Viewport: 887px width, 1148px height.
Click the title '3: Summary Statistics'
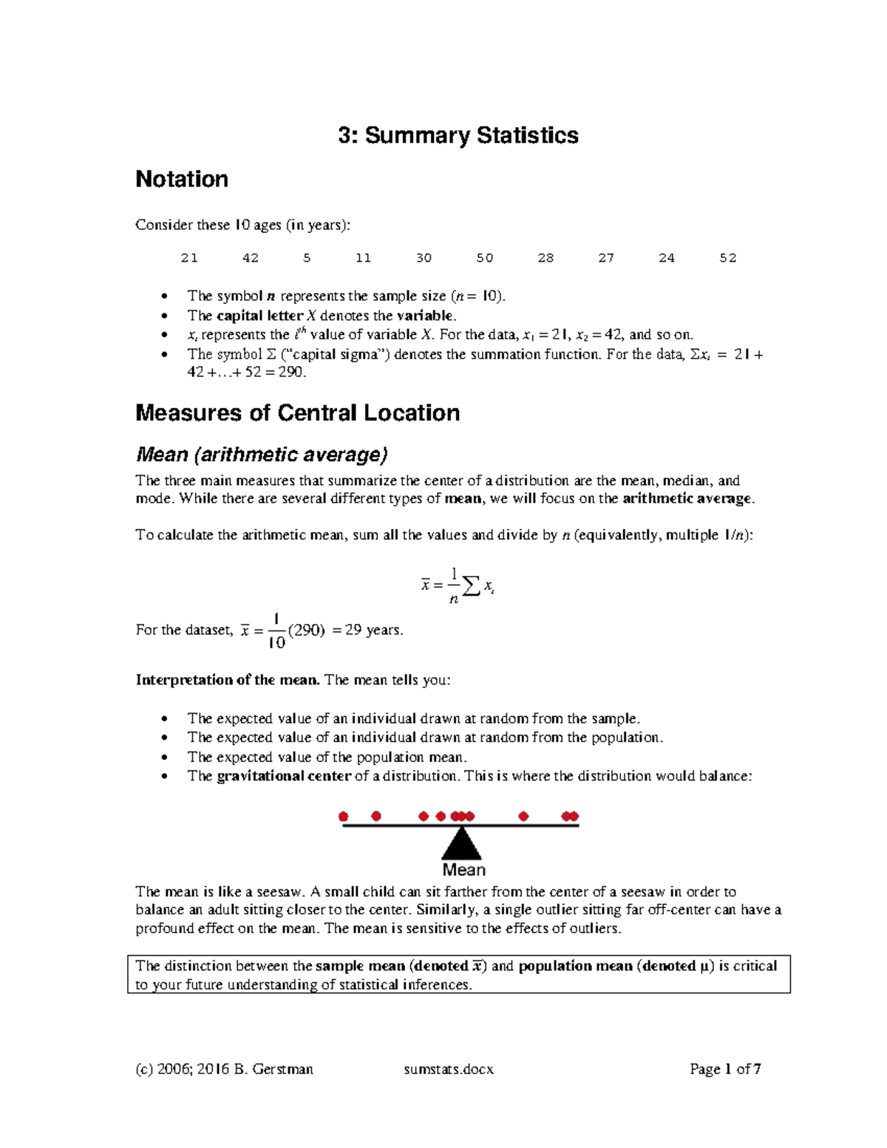pyautogui.click(x=458, y=135)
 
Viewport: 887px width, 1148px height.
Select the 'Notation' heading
pyautogui.click(x=182, y=179)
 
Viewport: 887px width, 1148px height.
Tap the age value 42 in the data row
pyautogui.click(x=251, y=258)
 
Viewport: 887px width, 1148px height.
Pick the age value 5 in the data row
pyautogui.click(x=307, y=258)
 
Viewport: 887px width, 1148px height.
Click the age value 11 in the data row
pyautogui.click(x=363, y=258)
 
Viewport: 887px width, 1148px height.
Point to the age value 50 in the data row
pyautogui.click(x=485, y=258)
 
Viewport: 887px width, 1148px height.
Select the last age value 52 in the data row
pyautogui.click(x=728, y=258)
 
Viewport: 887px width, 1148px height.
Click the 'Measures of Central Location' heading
pyautogui.click(x=297, y=412)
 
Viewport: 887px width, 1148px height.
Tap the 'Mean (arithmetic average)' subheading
pyautogui.click(x=262, y=454)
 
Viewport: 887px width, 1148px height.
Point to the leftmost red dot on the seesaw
pyautogui.click(x=343, y=816)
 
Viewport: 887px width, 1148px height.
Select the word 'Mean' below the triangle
pyautogui.click(x=463, y=870)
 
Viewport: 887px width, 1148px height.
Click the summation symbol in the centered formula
pyautogui.click(x=469, y=587)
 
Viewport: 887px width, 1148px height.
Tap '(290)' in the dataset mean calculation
pyautogui.click(x=306, y=631)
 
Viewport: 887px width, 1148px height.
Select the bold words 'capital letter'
pyautogui.click(x=259, y=316)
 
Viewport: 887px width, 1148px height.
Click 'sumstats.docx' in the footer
pyautogui.click(x=449, y=1069)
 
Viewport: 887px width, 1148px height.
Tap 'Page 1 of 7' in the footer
pyautogui.click(x=725, y=1069)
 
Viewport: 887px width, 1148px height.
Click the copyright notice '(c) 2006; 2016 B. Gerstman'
pyautogui.click(x=225, y=1069)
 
